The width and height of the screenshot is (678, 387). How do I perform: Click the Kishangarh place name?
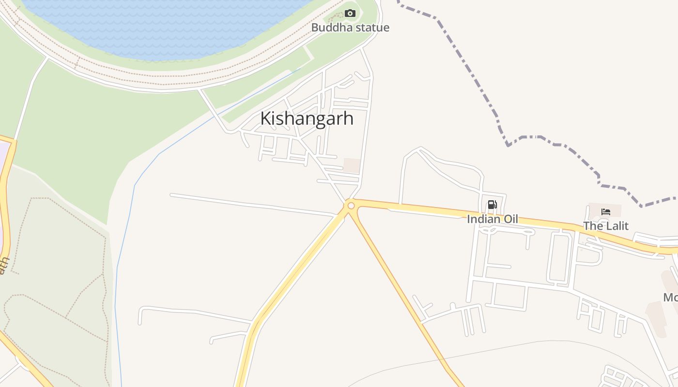point(307,119)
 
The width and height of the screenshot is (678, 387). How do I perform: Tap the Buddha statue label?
point(350,28)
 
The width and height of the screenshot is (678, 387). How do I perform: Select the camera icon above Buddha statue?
point(350,14)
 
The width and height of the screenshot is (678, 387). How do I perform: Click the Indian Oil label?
point(492,219)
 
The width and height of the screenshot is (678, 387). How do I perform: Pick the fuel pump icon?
point(492,205)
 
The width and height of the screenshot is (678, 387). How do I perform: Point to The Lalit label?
point(605,226)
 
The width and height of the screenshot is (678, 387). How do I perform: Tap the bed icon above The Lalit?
point(605,211)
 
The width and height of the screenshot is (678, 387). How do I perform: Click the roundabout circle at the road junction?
point(351,206)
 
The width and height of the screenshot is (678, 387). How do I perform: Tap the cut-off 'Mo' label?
point(671,297)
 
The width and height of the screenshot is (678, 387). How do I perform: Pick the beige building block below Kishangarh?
point(352,165)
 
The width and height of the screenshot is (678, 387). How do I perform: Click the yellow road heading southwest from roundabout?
point(291,276)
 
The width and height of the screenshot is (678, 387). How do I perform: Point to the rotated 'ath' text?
point(4,266)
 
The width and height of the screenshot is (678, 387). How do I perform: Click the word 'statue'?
point(371,28)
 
